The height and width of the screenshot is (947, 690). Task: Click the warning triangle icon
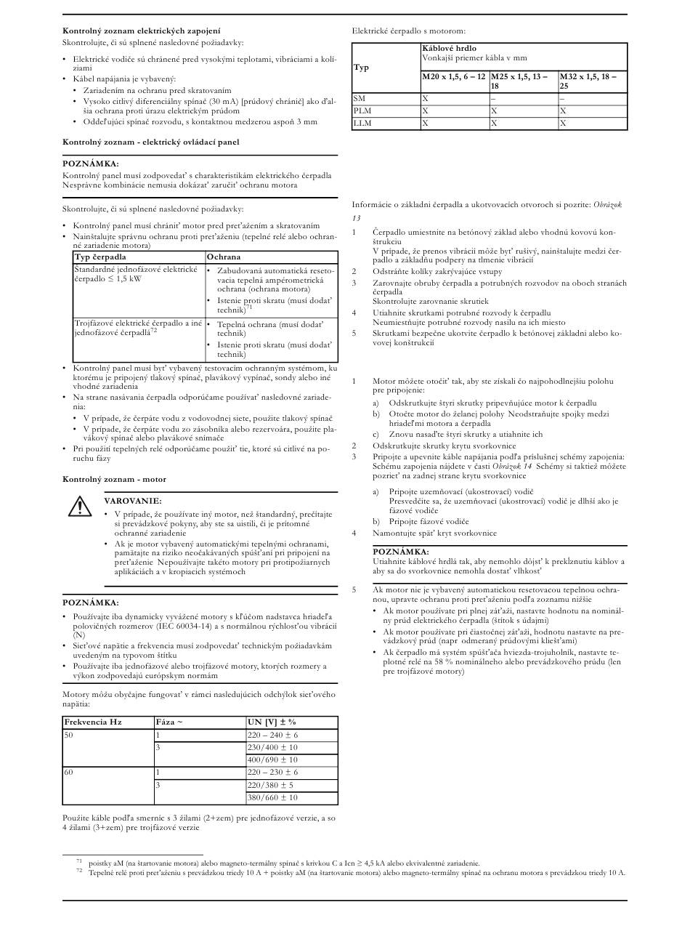click(75, 507)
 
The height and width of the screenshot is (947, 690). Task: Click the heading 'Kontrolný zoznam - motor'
click(114, 479)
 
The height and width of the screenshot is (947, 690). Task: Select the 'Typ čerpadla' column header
click(100, 257)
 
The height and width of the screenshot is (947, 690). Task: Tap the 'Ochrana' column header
click(224, 257)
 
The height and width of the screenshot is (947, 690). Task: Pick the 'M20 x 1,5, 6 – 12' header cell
click(454, 76)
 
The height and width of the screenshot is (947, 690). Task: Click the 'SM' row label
click(360, 97)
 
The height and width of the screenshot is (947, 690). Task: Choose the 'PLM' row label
click(362, 110)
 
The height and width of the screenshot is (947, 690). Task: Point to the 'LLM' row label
click(362, 124)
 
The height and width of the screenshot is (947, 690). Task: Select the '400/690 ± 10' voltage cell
click(272, 759)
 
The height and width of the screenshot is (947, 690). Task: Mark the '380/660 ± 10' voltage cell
click(272, 797)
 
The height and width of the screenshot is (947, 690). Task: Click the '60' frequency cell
click(70, 772)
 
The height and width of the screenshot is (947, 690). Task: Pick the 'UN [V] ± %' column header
click(272, 722)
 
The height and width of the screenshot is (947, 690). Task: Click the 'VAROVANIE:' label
click(133, 501)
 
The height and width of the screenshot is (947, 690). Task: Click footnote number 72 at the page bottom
click(79, 871)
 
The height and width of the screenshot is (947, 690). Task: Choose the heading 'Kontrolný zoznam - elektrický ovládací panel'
click(150, 142)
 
